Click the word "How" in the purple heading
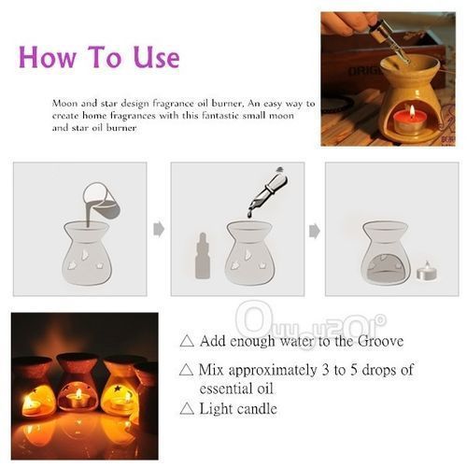click(x=48, y=57)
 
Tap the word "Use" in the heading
click(x=157, y=57)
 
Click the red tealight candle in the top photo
click(x=408, y=121)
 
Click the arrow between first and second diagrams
click(x=159, y=230)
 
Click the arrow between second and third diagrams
click(x=315, y=232)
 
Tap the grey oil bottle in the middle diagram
click(x=203, y=256)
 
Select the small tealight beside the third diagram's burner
click(x=427, y=272)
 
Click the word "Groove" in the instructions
click(x=380, y=341)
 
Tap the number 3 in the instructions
click(x=326, y=370)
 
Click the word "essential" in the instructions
click(x=225, y=389)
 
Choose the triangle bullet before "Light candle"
click(x=187, y=408)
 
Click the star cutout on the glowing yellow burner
click(x=118, y=389)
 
